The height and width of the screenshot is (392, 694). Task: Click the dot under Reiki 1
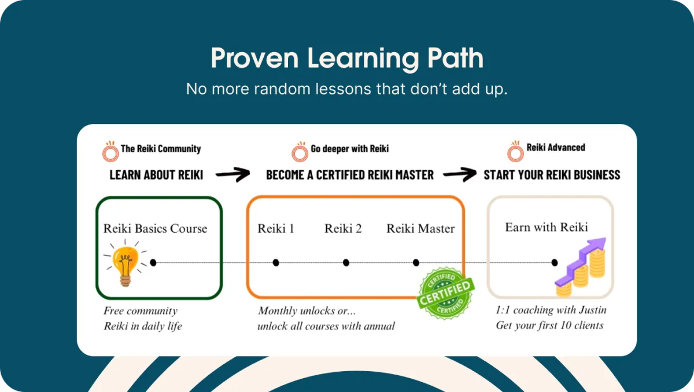point(276,263)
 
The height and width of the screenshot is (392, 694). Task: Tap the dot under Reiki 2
point(346,263)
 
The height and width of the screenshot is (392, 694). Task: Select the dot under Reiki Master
point(416,263)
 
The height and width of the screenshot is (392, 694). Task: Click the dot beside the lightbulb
point(153,263)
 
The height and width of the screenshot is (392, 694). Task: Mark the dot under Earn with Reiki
point(555,263)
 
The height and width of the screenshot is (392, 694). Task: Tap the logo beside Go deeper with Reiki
point(300,151)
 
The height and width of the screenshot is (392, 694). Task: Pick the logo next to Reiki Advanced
point(515,151)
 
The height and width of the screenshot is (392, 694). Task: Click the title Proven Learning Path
point(347,58)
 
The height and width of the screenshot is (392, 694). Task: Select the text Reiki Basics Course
point(155,228)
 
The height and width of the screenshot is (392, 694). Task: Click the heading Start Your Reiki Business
point(552,175)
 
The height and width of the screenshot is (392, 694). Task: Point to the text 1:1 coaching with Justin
point(551,310)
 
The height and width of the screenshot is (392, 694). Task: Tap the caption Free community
point(141,311)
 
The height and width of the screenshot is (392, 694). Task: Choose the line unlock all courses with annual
point(326,326)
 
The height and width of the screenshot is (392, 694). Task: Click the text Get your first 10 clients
point(549,325)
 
